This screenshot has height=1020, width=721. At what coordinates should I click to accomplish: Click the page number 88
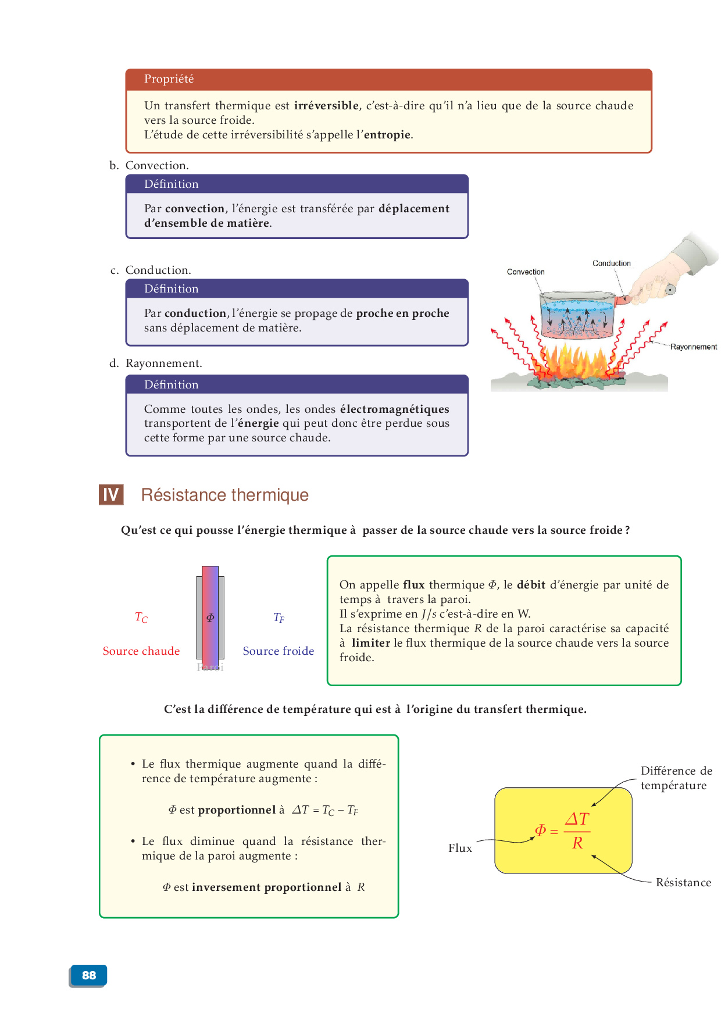(88, 975)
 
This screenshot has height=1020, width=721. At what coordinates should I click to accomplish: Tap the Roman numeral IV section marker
(110, 495)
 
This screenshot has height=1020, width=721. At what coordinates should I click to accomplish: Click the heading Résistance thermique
(224, 495)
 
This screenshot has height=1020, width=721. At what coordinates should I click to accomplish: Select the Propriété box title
(169, 79)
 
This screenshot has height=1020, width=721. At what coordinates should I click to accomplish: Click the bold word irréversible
(326, 106)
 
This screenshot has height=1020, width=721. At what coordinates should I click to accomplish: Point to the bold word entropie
(387, 135)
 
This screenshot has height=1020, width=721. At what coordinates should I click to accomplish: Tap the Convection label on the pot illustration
(526, 272)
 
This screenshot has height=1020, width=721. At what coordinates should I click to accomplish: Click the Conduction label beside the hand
(611, 263)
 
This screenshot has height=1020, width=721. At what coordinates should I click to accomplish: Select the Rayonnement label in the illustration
(693, 347)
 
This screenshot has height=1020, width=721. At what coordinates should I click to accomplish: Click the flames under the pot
(576, 363)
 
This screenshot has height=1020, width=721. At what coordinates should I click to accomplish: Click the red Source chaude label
(141, 651)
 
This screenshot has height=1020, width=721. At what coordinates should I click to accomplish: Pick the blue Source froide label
(279, 651)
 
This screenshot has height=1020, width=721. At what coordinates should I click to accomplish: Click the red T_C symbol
(141, 618)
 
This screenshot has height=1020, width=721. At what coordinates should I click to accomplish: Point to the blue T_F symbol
(279, 618)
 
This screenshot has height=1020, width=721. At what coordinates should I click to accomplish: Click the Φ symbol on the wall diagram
(210, 618)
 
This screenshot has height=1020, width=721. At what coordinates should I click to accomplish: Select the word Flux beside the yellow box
(460, 848)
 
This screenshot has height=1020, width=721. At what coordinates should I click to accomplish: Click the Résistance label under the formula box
(683, 883)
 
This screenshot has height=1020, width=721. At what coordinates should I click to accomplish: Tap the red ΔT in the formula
(577, 819)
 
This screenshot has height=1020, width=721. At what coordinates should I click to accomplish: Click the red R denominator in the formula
(577, 843)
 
